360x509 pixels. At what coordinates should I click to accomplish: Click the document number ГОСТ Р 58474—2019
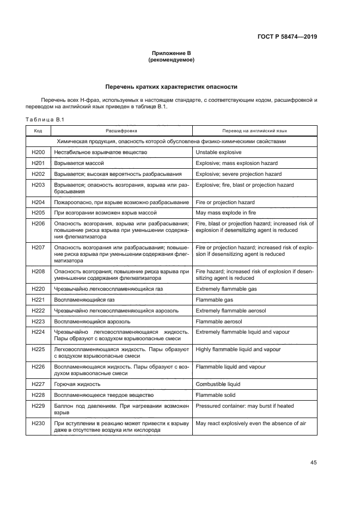(x=287, y=38)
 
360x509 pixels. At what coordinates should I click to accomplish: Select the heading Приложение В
(x=172, y=53)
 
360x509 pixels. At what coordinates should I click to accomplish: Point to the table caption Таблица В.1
(x=45, y=120)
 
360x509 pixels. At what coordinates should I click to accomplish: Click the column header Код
(x=38, y=131)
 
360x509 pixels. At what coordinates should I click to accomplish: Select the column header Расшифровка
(x=121, y=131)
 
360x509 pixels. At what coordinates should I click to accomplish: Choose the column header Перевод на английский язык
(x=254, y=131)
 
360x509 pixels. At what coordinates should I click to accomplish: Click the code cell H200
(x=38, y=153)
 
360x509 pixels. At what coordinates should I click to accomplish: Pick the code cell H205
(x=38, y=212)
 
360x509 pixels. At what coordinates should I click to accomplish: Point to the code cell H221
(x=38, y=299)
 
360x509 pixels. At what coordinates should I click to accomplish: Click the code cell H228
(x=38, y=395)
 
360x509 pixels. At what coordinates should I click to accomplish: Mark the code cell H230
(x=38, y=424)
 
